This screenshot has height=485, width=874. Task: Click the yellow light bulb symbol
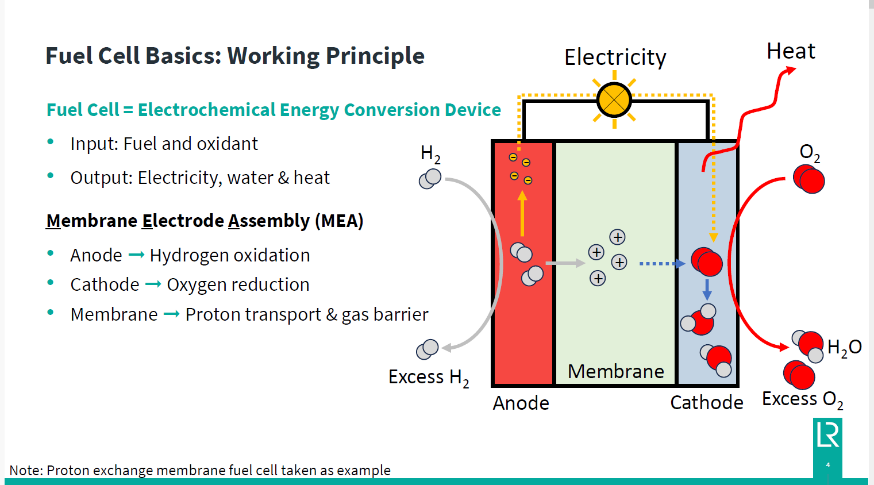[614, 100]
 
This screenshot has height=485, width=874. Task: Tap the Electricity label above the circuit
[615, 57]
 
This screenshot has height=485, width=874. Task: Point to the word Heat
[791, 52]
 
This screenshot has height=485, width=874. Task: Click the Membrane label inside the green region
[615, 372]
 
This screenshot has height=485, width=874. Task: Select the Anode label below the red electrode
[521, 403]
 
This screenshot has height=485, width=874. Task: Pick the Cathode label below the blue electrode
[706, 403]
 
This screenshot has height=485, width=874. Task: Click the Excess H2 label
[429, 378]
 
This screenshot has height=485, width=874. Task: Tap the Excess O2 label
[802, 399]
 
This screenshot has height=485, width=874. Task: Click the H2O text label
[844, 347]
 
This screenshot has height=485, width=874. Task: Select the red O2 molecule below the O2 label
[808, 179]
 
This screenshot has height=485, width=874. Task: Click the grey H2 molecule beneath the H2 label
[430, 179]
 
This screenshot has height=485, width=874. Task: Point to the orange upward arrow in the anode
[522, 214]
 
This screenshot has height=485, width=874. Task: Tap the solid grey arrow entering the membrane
[564, 263]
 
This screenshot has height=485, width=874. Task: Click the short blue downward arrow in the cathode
[707, 290]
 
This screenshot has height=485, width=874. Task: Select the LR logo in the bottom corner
[827, 435]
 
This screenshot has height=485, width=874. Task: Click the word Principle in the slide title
[375, 56]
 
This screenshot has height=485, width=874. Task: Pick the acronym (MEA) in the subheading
[339, 221]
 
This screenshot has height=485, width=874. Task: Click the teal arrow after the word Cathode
[153, 284]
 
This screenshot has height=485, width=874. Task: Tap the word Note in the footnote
[26, 471]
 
